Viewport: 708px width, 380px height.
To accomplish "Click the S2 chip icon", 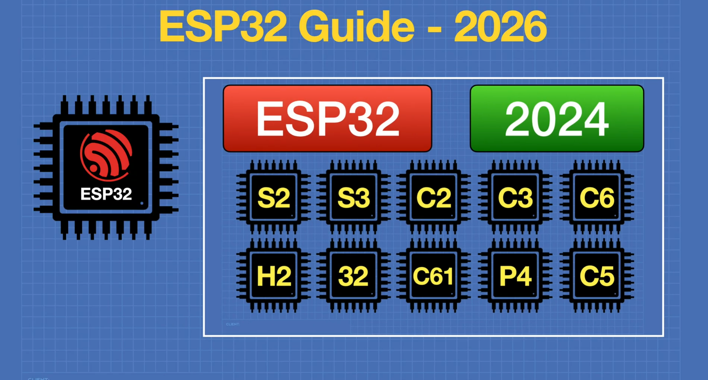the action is pos(273,197).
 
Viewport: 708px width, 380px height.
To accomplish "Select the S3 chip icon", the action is pos(353,197).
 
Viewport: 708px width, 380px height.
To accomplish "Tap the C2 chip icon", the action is pos(433,197).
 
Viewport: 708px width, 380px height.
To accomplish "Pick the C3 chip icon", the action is pos(515,197).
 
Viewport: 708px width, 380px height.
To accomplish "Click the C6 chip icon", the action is pos(597,197).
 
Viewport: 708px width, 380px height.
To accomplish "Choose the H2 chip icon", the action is pos(273,276).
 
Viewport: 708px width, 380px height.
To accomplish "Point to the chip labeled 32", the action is pos(353,276).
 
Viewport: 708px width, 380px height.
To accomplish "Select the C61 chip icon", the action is pos(433,276).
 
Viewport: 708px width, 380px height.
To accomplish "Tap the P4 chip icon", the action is pos(515,276).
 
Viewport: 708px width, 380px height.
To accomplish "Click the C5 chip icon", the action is pos(597,276).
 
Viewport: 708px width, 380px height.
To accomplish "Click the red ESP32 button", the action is pos(327,118).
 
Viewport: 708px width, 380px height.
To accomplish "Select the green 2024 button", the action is pos(557,118).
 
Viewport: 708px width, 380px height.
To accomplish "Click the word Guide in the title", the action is pos(356,27).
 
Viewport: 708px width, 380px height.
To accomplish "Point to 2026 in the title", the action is pos(500,27).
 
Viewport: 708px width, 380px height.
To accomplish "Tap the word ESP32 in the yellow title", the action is pos(223,27).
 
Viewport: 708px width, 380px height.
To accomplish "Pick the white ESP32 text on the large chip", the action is pos(106,194).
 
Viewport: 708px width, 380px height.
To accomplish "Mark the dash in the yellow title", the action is pos(434,29).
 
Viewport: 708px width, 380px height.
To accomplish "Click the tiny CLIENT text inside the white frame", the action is pos(233,324).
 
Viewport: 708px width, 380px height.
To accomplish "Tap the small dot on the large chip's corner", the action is pos(142,203).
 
